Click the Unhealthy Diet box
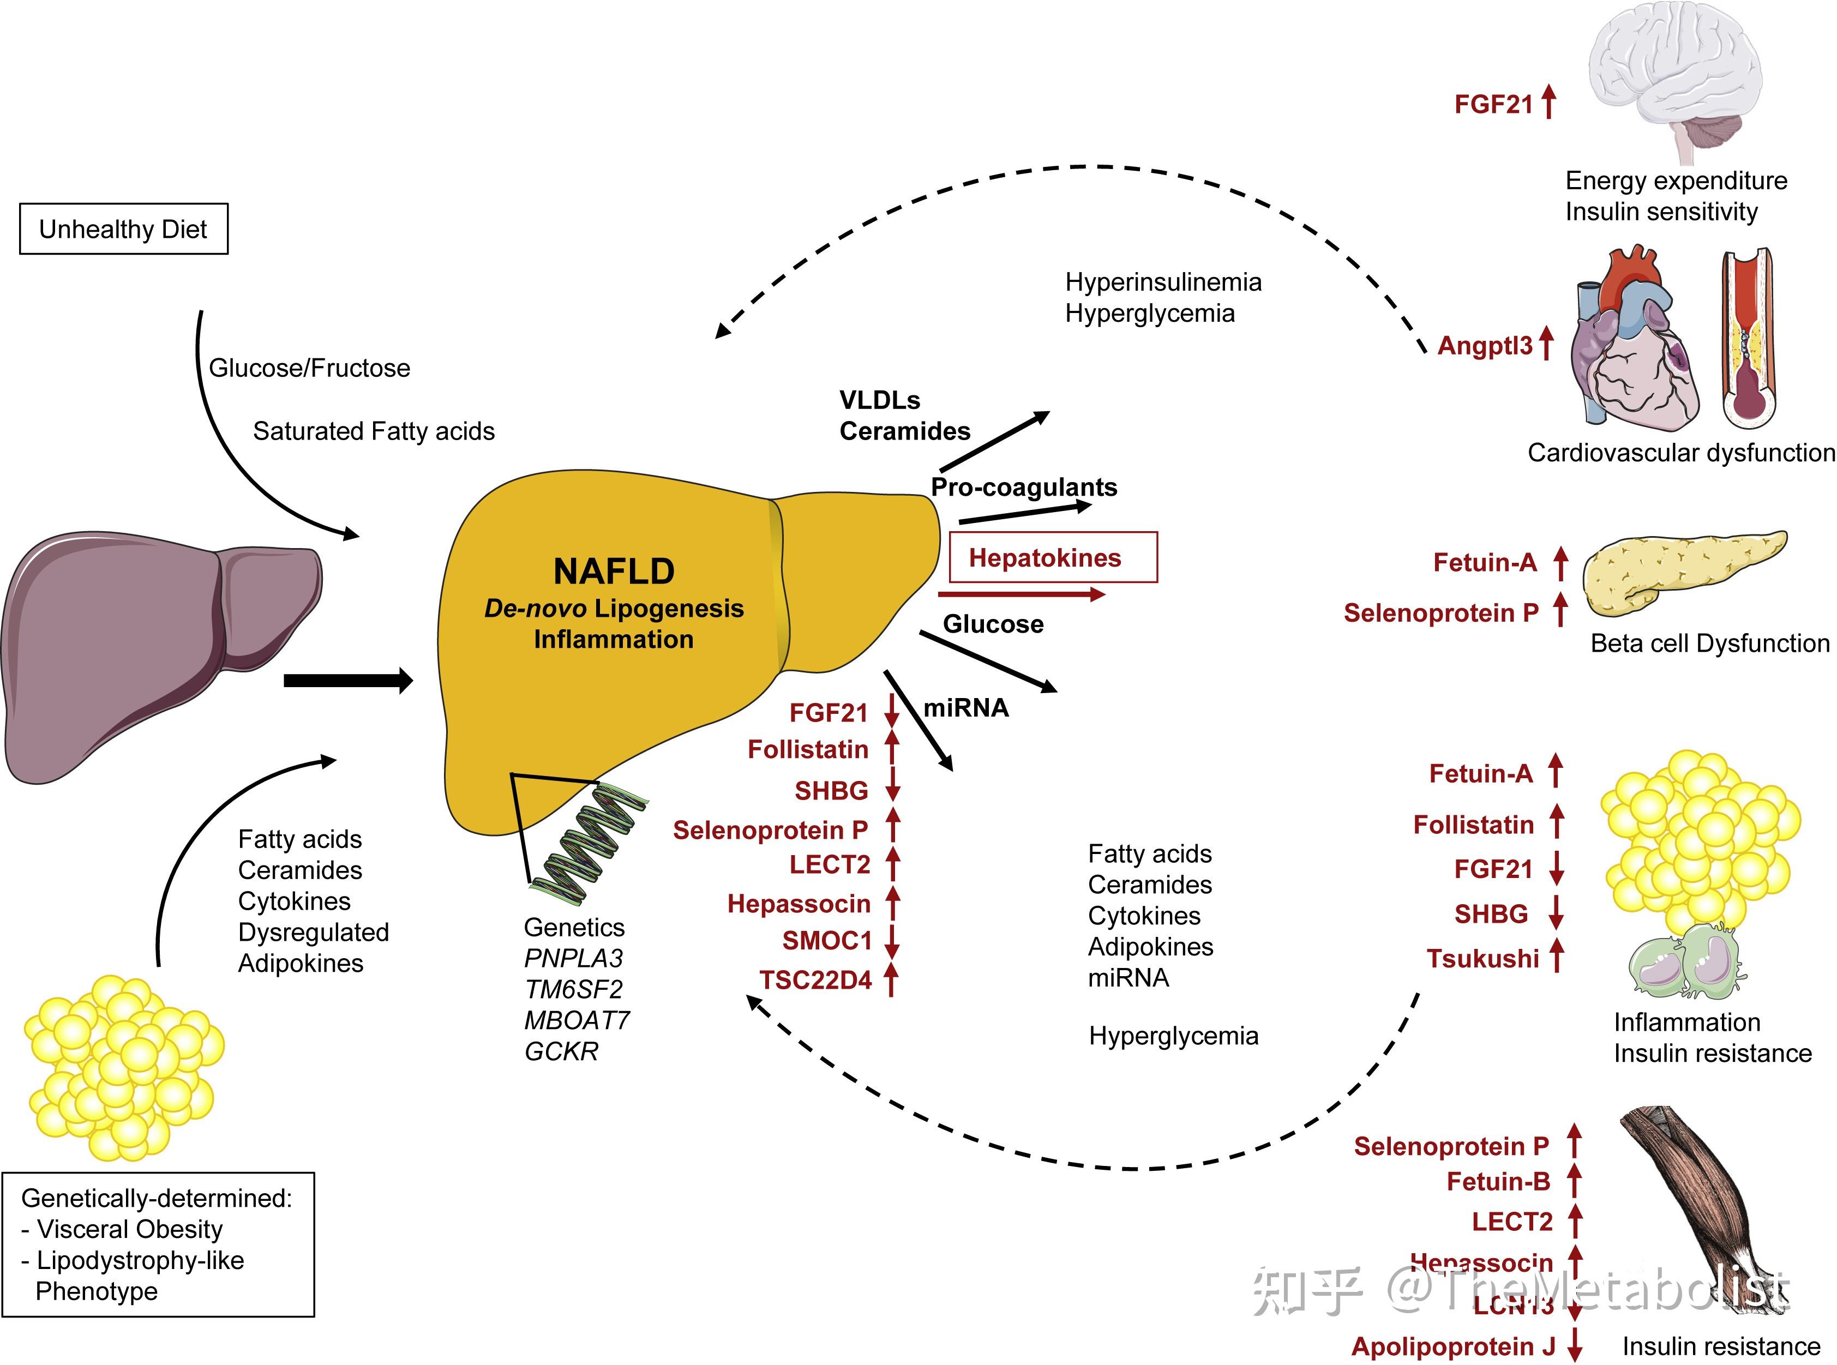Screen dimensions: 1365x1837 [123, 229]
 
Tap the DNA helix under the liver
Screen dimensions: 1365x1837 [589, 843]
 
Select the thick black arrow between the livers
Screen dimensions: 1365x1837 [347, 681]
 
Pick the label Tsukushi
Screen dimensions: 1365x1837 [1482, 959]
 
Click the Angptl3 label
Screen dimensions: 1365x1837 [1485, 345]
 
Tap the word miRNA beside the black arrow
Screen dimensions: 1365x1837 [966, 708]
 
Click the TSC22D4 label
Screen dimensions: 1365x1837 [815, 980]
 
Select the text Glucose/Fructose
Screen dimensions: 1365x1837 [309, 368]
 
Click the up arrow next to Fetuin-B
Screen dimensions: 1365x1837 [1574, 1181]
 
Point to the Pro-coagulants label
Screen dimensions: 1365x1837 [1024, 488]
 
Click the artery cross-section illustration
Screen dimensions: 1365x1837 [1747, 339]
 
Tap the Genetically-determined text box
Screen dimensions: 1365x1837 [158, 1243]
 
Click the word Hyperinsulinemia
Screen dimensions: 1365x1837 [1163, 282]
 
